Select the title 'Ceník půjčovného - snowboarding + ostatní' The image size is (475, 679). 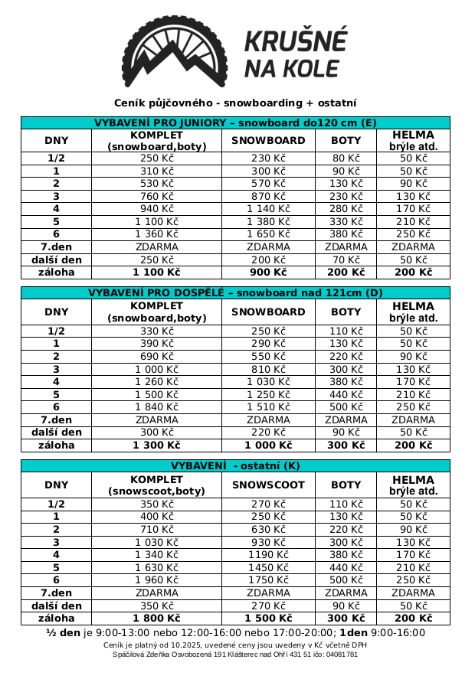click(x=235, y=103)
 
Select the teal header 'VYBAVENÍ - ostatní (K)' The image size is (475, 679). click(x=235, y=465)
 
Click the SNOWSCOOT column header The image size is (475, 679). click(x=268, y=485)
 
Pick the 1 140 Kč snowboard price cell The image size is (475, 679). click(x=268, y=209)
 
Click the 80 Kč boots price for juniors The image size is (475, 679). click(x=346, y=158)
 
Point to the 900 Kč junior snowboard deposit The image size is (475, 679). click(x=268, y=272)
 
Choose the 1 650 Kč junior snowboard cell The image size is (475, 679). click(x=268, y=234)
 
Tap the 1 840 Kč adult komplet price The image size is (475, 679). click(x=156, y=406)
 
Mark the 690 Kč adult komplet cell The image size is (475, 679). click(x=156, y=357)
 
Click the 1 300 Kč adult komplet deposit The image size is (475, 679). click(x=156, y=445)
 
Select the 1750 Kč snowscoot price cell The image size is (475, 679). click(x=268, y=580)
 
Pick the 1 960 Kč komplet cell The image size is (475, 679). click(x=156, y=580)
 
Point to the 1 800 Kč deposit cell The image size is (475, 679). click(x=156, y=618)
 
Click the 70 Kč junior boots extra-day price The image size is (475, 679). click(x=346, y=260)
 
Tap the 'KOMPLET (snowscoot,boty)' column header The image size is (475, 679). click(x=156, y=485)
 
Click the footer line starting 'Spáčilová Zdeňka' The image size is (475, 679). click(x=235, y=655)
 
